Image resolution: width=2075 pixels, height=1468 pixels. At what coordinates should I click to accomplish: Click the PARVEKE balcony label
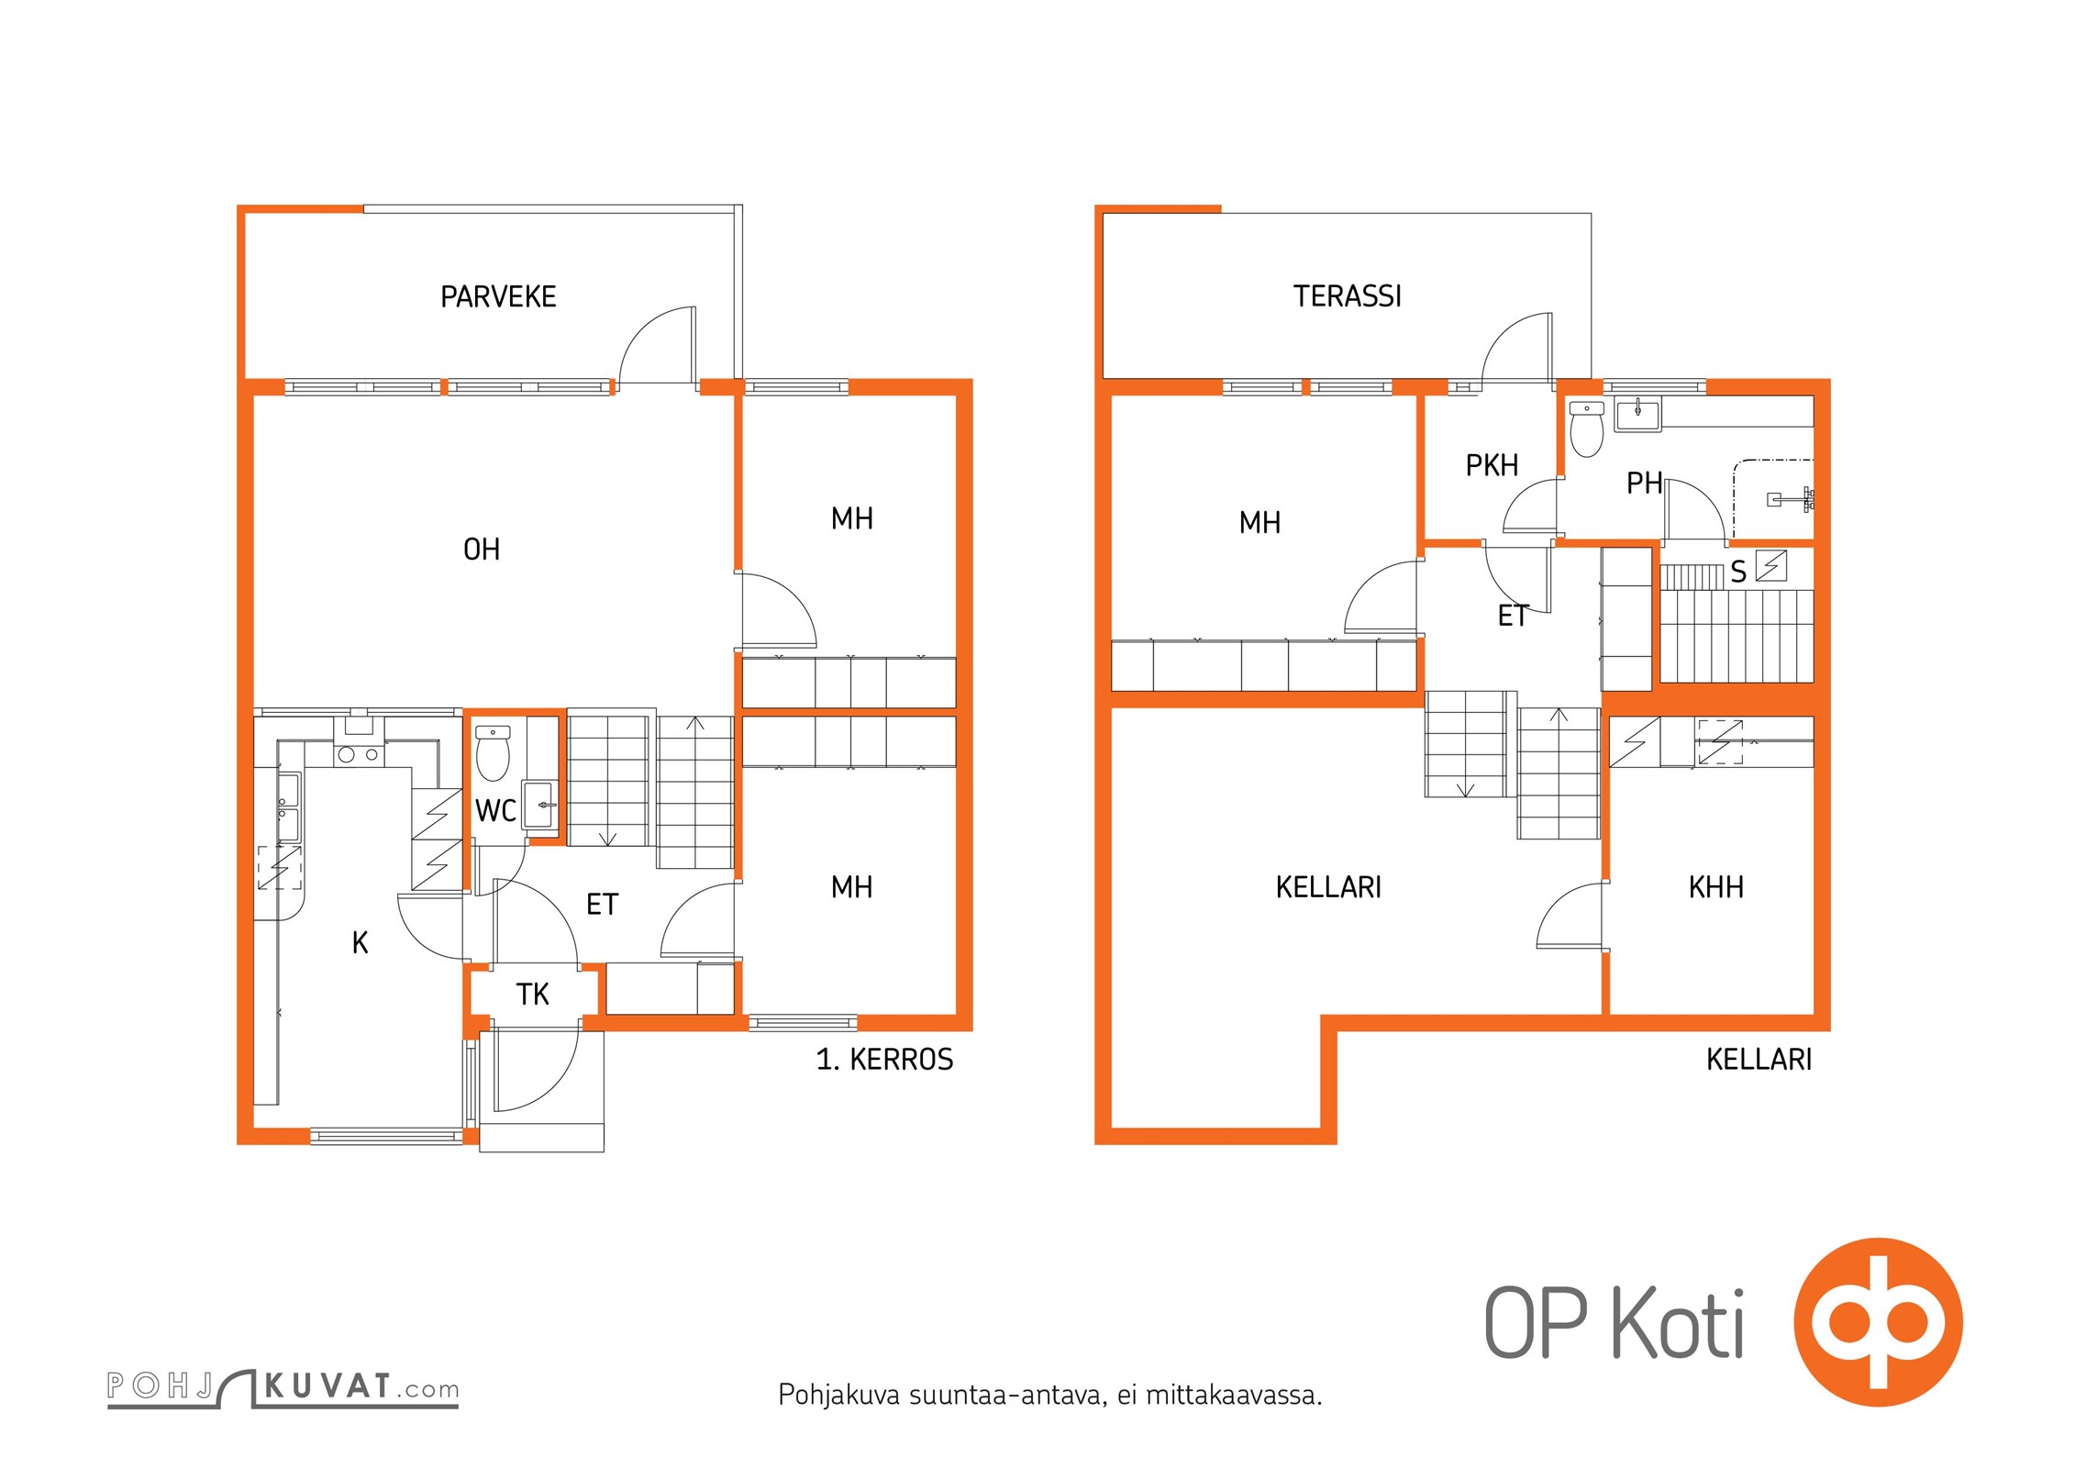498,296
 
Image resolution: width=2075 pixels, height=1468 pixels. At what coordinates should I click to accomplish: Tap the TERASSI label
1347,296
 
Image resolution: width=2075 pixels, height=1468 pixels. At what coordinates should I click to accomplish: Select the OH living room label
482,550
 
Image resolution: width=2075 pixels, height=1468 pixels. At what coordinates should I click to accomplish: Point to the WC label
495,811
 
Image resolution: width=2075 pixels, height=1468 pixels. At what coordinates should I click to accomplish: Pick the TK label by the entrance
532,995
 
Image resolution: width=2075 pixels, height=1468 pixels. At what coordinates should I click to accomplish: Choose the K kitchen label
361,942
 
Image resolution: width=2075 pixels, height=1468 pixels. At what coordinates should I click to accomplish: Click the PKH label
1492,466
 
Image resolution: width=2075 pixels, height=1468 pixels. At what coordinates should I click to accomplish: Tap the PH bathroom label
1644,484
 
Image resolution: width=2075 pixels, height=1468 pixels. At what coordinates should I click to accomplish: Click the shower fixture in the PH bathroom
1791,500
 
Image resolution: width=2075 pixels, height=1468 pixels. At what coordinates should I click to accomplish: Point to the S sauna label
1737,573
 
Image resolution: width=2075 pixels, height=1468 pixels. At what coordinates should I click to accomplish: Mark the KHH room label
1715,887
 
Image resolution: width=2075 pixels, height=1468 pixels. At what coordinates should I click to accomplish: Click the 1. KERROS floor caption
884,1060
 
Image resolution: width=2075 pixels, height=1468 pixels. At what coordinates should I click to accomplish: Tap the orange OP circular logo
1878,1321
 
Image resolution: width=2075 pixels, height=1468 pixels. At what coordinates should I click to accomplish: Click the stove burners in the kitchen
358,755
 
